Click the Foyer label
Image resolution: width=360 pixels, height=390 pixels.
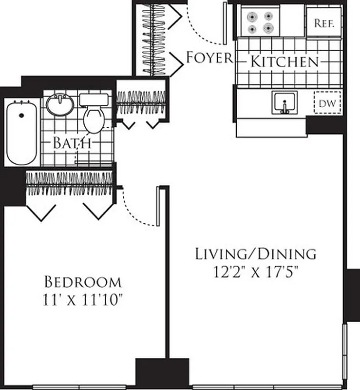(x=209, y=58)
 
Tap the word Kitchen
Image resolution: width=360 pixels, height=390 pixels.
(x=284, y=62)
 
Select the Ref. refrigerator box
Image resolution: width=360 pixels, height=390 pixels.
(x=323, y=23)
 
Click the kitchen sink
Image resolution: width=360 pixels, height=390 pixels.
(x=284, y=102)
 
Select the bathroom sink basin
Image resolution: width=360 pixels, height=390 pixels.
(x=60, y=103)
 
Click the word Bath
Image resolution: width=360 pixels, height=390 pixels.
(x=72, y=143)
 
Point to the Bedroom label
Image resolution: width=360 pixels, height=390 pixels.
(x=83, y=282)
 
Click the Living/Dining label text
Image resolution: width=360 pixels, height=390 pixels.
(x=256, y=253)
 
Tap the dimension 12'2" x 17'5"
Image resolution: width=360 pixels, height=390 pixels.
(x=256, y=271)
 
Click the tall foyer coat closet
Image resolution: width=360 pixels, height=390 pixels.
(x=153, y=39)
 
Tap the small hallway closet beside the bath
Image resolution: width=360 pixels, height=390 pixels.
(x=141, y=102)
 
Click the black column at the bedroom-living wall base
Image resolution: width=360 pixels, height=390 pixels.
(x=162, y=372)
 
